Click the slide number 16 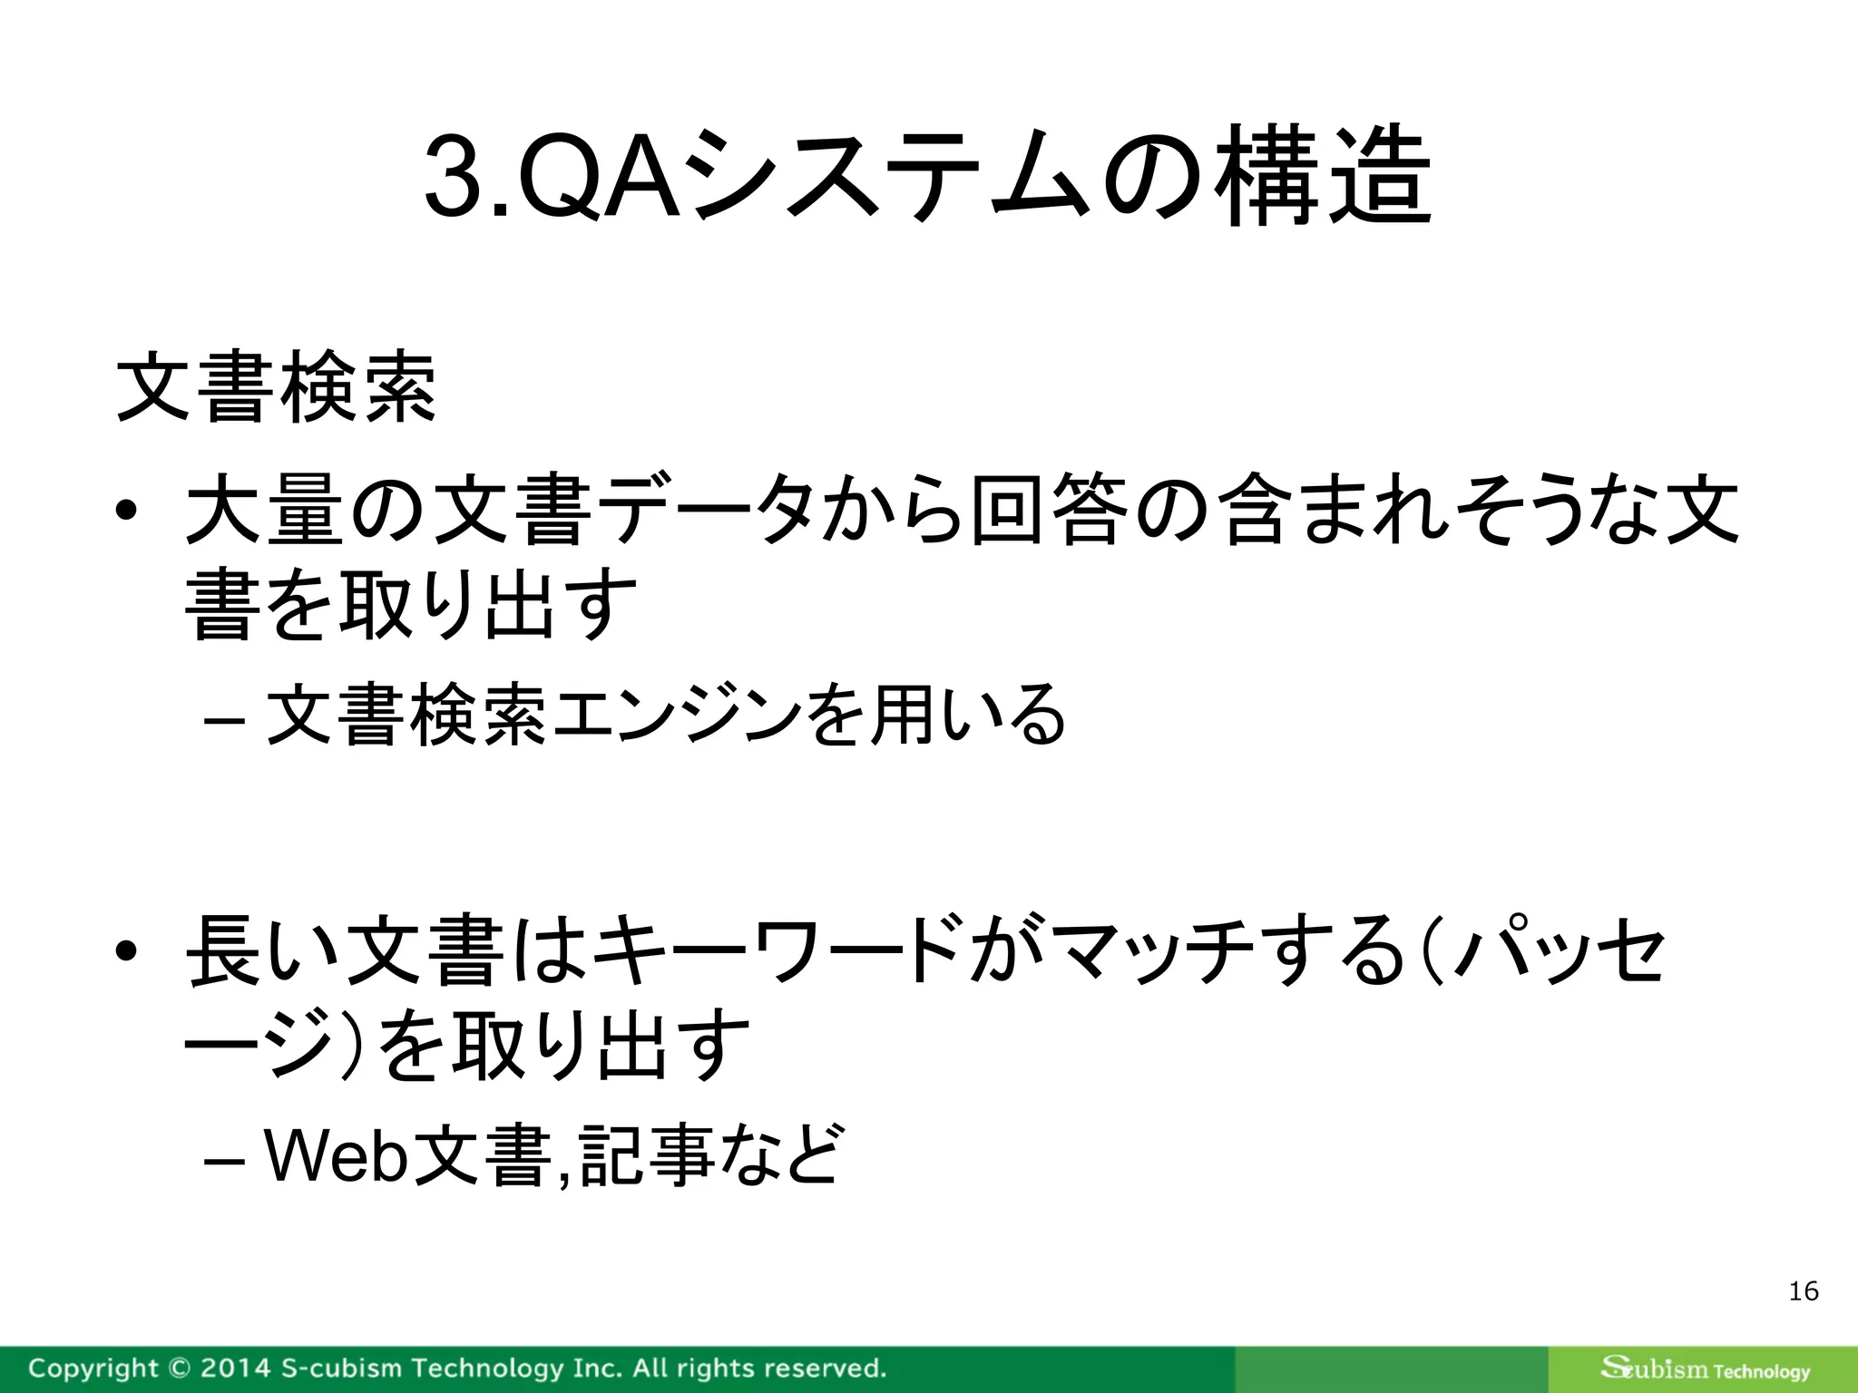[x=1804, y=1291]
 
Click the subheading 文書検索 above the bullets [x=277, y=390]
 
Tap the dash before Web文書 [x=221, y=1161]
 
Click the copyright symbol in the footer [x=179, y=1368]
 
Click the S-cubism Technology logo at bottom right [x=1705, y=1369]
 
